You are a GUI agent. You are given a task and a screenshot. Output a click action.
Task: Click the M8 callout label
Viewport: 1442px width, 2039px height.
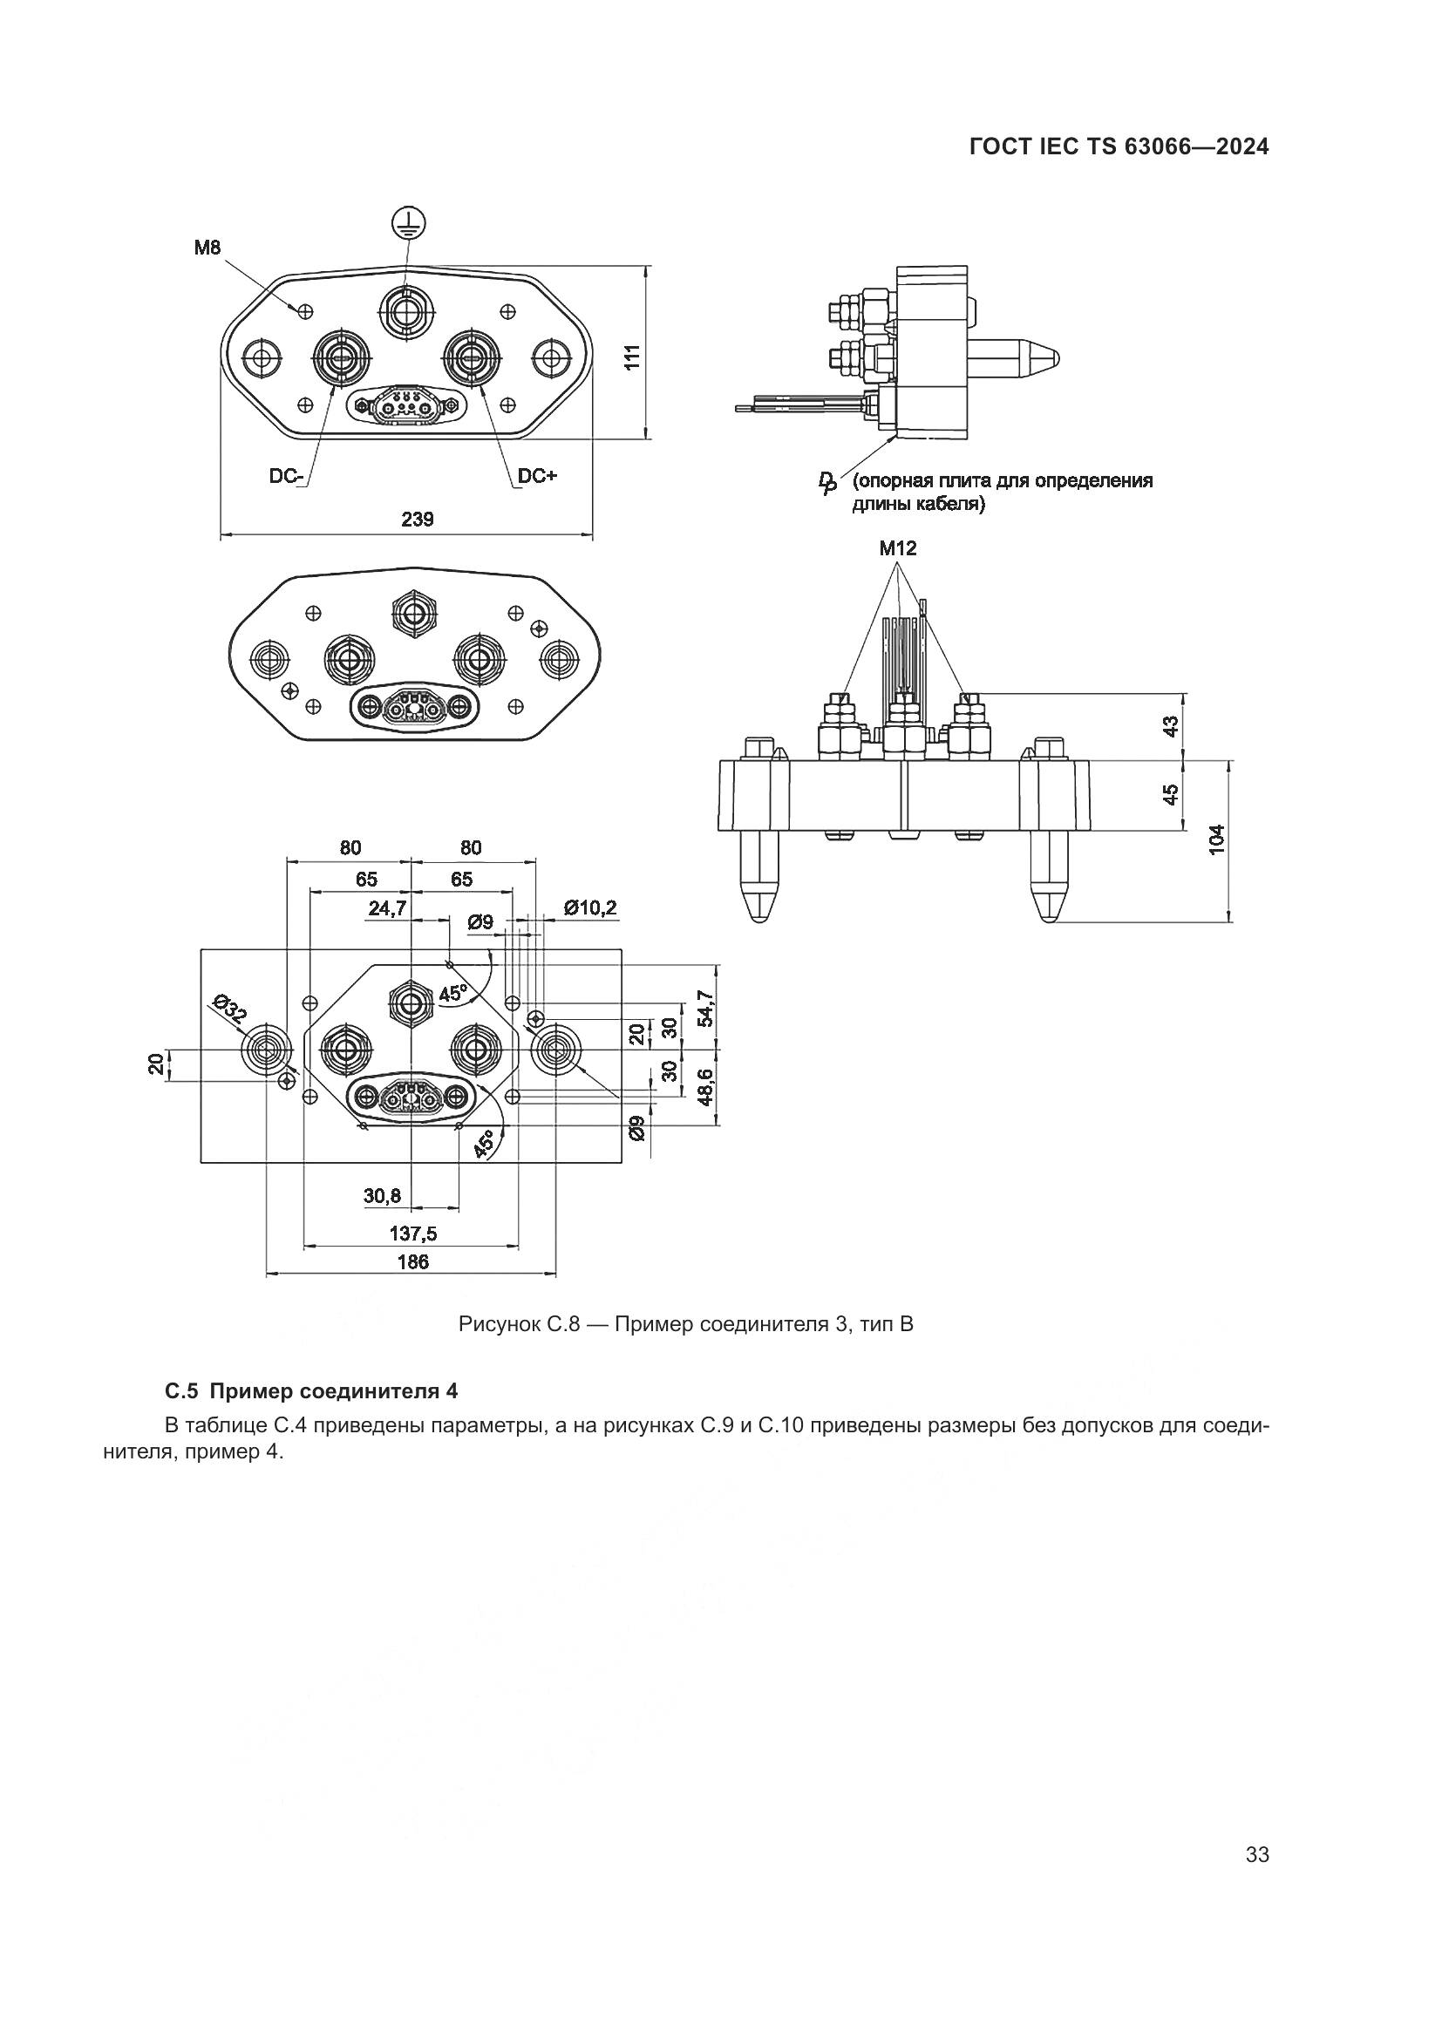[207, 248]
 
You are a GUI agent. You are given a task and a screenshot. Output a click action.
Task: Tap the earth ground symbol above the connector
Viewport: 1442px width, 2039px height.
[407, 222]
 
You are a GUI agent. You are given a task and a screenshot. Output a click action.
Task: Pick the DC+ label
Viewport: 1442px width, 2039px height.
[537, 476]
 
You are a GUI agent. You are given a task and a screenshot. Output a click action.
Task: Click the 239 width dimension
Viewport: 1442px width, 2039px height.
[417, 520]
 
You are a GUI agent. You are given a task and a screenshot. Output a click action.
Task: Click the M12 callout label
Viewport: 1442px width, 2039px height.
[898, 548]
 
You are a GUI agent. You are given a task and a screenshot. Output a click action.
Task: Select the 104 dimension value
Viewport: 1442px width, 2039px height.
[1216, 839]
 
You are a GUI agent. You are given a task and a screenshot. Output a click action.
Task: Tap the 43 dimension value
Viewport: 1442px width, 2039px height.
[1171, 725]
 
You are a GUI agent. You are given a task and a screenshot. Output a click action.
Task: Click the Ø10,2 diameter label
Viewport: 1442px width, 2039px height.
[590, 907]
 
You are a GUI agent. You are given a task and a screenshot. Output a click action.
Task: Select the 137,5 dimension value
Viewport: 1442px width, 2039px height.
[413, 1233]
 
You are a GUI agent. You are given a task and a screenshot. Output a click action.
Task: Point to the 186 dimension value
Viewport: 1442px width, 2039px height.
[413, 1261]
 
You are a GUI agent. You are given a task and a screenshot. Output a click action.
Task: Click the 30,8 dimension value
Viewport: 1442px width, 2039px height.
[382, 1196]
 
